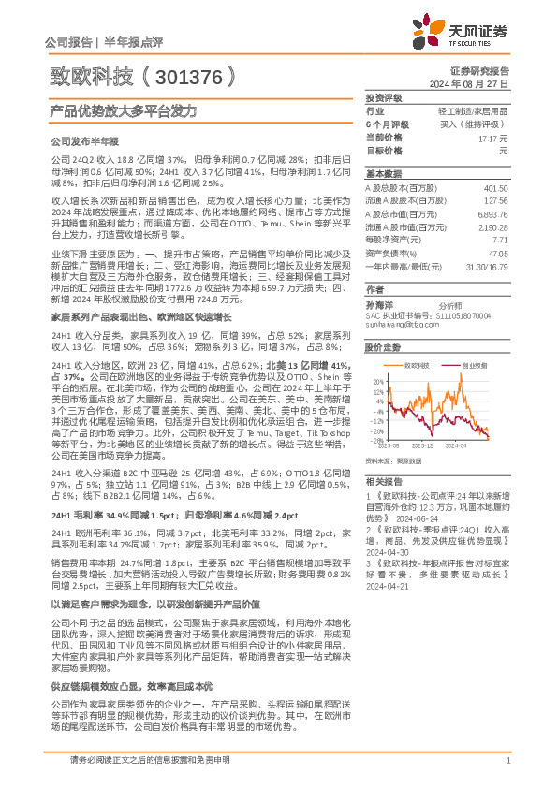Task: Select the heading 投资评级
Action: [x=384, y=97]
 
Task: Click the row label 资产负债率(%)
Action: [x=391, y=253]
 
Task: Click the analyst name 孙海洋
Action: [x=379, y=305]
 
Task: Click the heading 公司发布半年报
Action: [x=83, y=140]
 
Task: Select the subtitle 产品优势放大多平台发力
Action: [x=110, y=110]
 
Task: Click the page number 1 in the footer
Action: [x=507, y=760]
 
